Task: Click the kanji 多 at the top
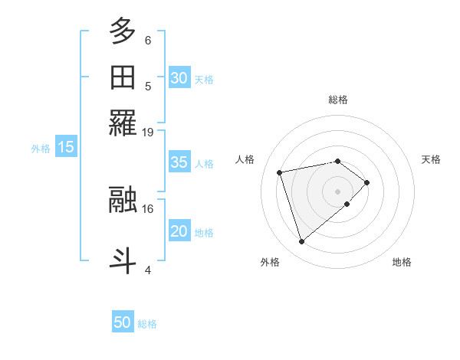[x=123, y=31]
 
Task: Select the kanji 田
[x=123, y=77]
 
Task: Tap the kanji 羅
[x=123, y=123]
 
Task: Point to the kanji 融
[x=123, y=200]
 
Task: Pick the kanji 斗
[x=123, y=259]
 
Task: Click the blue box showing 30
[x=179, y=78]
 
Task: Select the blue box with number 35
[x=179, y=162]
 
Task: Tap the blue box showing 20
[x=179, y=231]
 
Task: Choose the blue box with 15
[x=66, y=147]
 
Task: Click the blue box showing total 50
[x=123, y=322]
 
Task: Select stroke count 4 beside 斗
[x=148, y=269]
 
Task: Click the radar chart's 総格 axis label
[x=337, y=100]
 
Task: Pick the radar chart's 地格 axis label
[x=402, y=263]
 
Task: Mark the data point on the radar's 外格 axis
[x=301, y=242]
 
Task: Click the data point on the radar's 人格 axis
[x=280, y=172]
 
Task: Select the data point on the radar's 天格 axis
[x=367, y=182]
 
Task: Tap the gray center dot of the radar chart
[x=337, y=190]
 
